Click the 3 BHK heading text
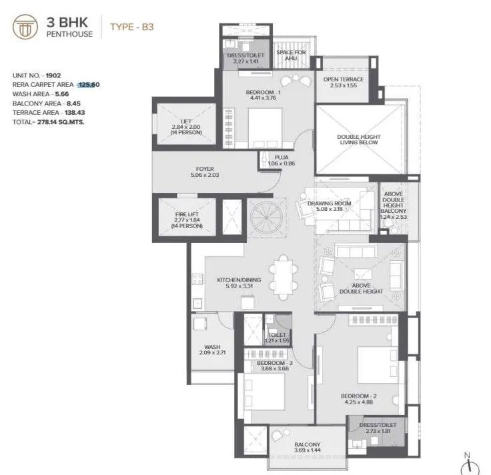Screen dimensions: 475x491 point(67,22)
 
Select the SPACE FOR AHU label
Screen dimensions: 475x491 point(291,55)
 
